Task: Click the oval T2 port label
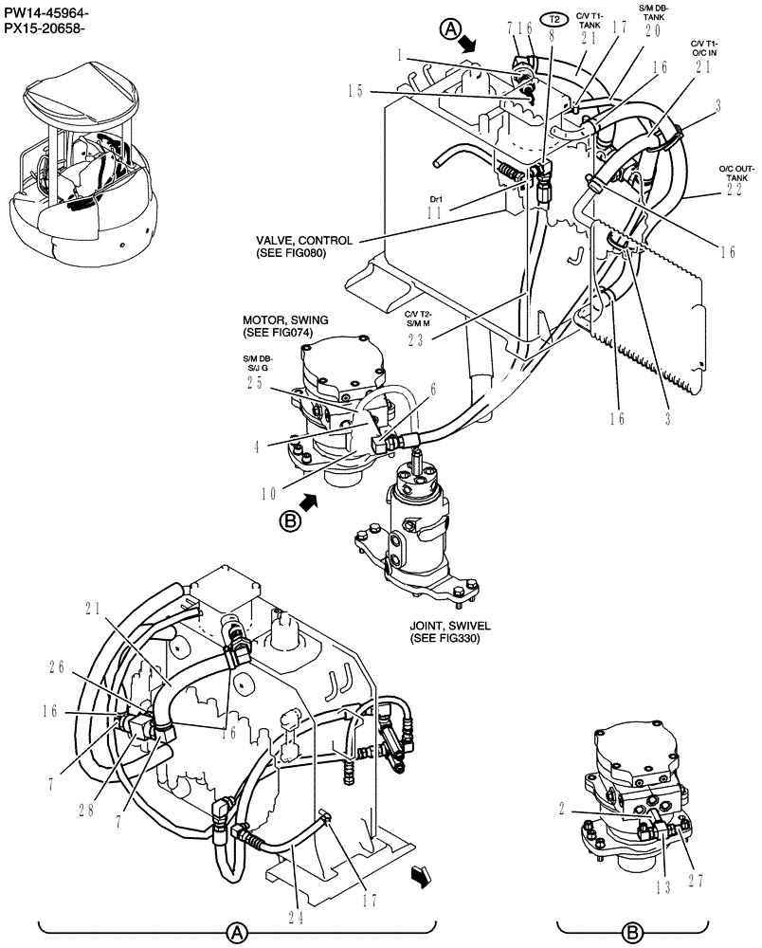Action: point(553,19)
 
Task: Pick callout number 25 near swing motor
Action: point(255,381)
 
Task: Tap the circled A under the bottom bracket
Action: point(235,934)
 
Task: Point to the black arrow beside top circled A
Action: point(469,44)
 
